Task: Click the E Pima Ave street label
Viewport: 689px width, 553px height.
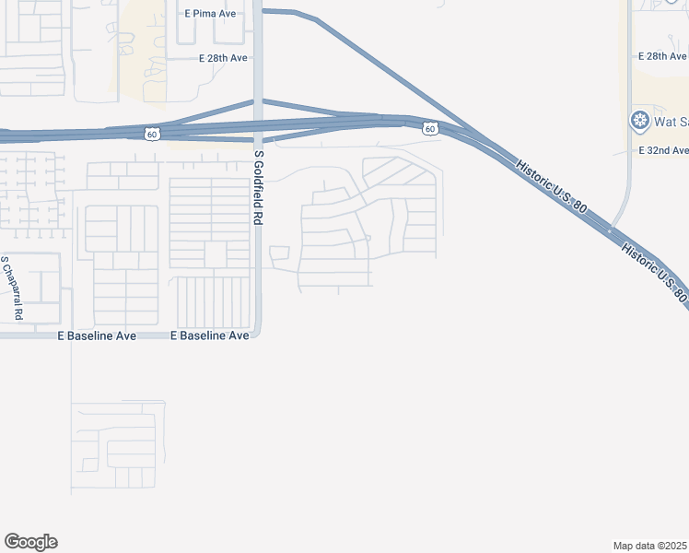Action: (x=212, y=13)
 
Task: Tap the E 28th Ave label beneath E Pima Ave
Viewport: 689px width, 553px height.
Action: (x=224, y=58)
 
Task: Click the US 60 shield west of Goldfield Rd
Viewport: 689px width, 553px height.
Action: (x=151, y=135)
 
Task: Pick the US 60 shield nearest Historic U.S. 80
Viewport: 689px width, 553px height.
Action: (x=430, y=129)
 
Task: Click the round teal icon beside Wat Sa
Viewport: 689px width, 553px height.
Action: (x=639, y=121)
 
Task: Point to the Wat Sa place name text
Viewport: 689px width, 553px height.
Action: (x=671, y=121)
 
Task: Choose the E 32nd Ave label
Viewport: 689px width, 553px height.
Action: (x=663, y=150)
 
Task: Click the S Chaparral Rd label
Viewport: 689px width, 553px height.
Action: (x=11, y=288)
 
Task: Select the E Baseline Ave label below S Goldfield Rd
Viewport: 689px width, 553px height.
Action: (x=210, y=336)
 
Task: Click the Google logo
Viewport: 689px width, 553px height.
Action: (x=30, y=542)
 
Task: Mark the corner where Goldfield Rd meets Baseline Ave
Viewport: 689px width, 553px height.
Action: (x=259, y=335)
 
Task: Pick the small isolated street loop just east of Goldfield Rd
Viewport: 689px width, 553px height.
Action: (x=279, y=253)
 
